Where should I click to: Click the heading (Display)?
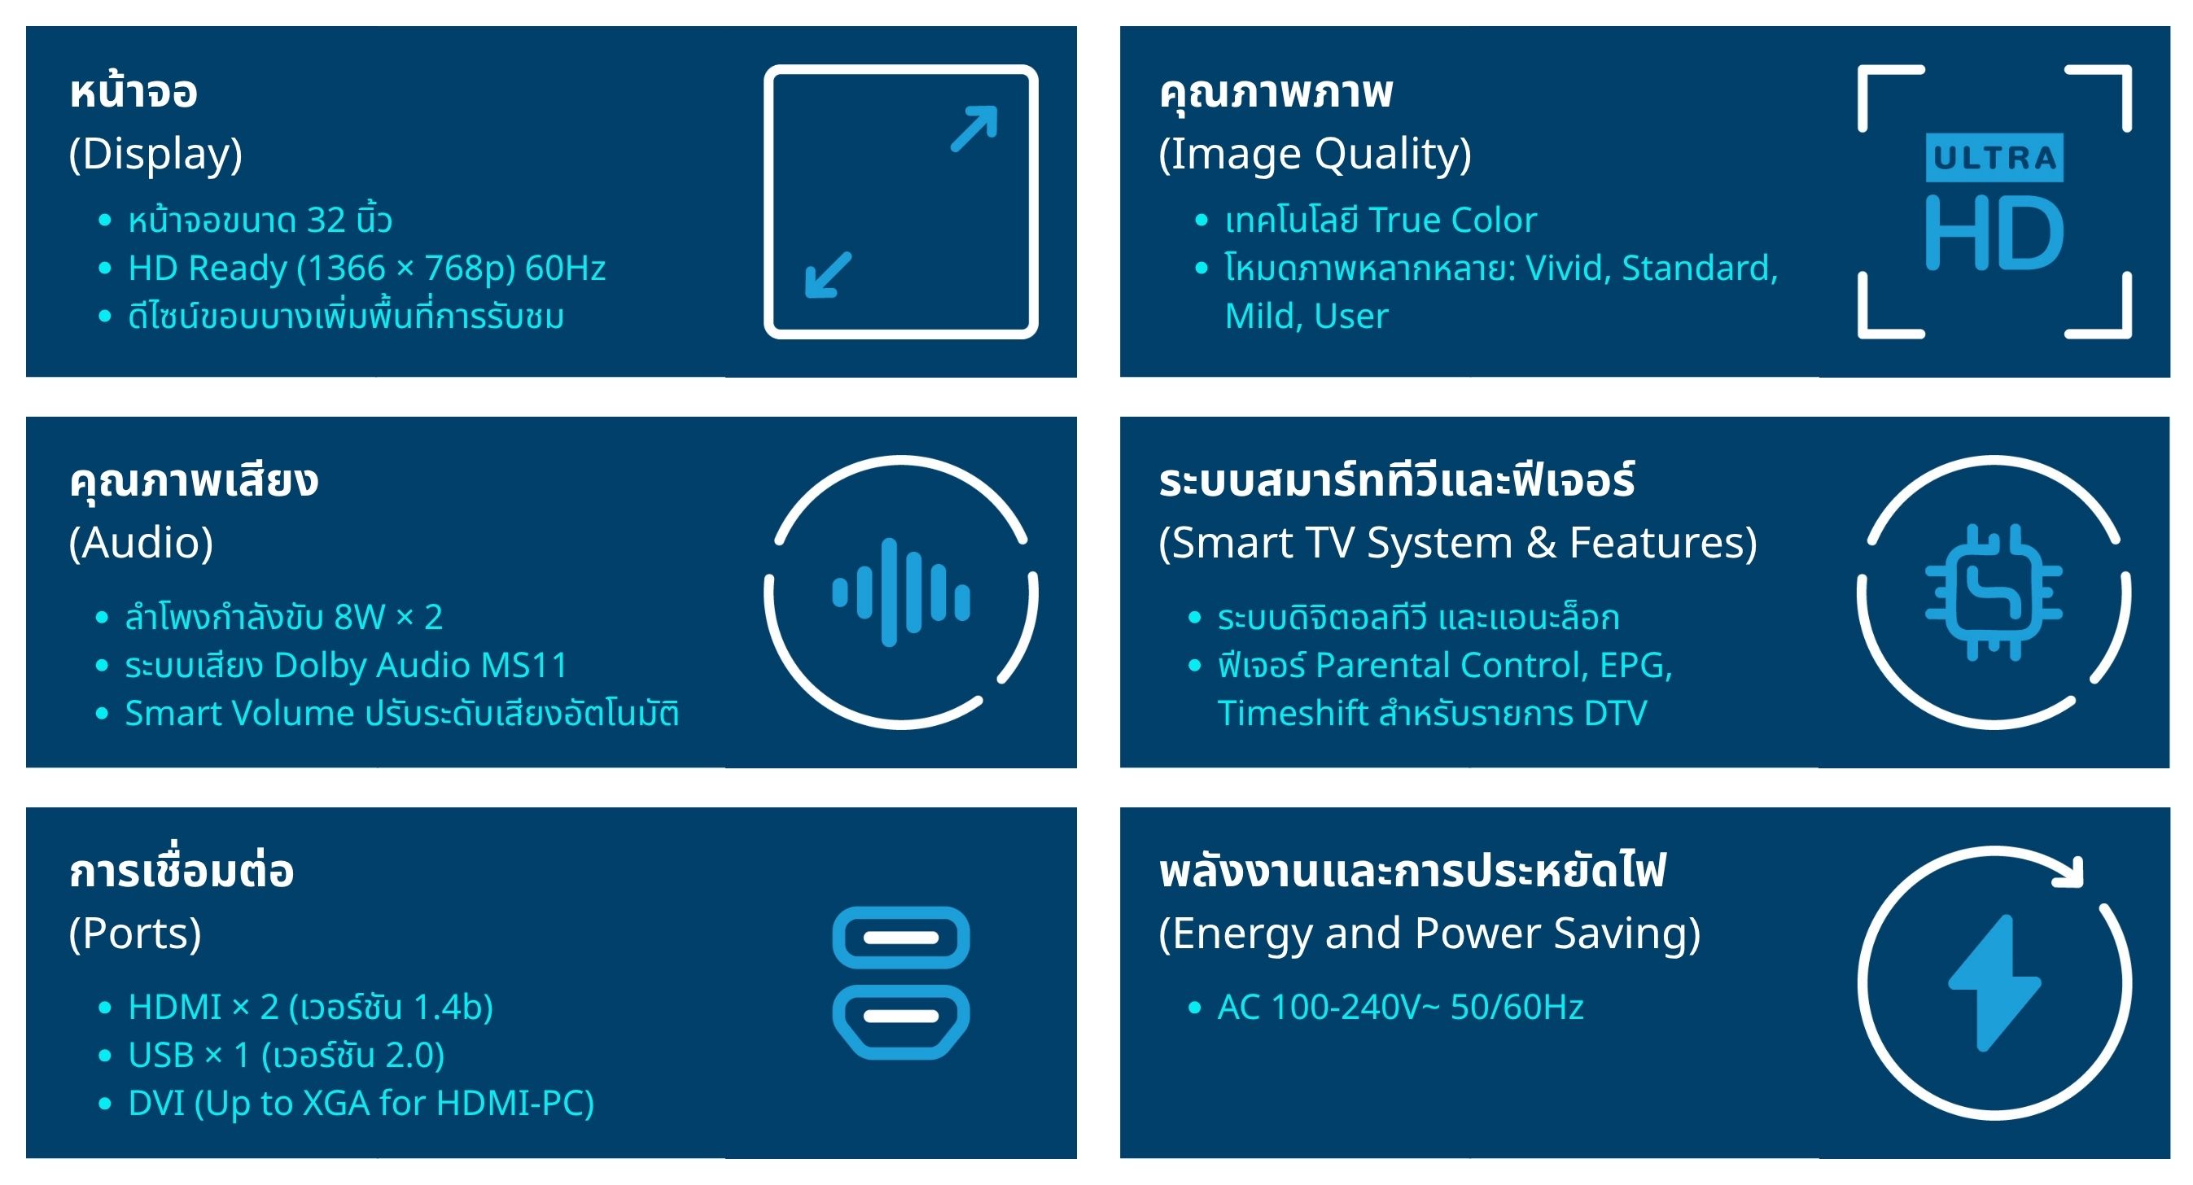155,154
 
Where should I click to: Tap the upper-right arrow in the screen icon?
974,129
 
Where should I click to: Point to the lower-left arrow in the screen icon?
829,275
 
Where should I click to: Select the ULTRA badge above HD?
1994,158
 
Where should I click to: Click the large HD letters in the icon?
1994,233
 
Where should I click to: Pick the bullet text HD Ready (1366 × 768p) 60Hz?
367,268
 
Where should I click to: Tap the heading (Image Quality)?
1315,154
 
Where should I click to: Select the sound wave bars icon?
900,592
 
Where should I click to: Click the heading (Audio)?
142,543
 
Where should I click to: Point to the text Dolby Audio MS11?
421,666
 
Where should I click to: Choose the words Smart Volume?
239,714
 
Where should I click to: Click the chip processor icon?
1994,592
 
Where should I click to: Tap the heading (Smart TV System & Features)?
1458,543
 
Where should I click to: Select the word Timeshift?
1291,714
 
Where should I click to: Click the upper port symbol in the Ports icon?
900,938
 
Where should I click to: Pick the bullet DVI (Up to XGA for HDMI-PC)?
361,1104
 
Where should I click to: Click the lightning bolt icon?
1994,983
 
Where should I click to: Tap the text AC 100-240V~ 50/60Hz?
1400,1007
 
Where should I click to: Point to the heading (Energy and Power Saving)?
1430,934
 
